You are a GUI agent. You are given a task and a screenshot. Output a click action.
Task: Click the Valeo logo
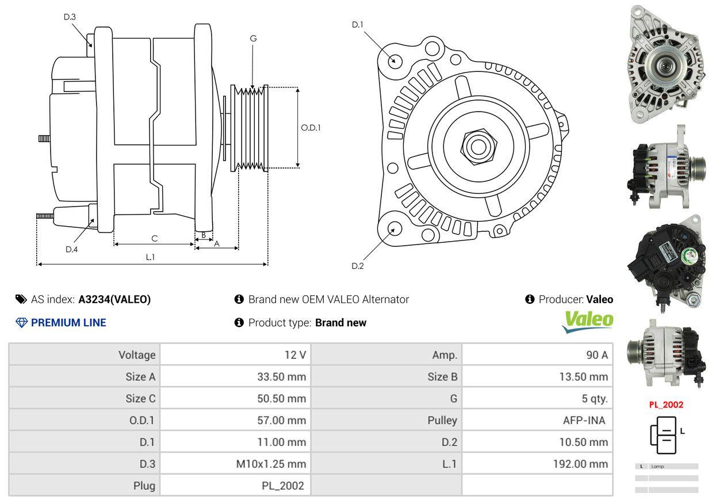pos(587,322)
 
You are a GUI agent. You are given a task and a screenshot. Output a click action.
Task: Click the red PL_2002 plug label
pos(666,404)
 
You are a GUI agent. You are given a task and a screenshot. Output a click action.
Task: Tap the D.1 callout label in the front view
pos(358,25)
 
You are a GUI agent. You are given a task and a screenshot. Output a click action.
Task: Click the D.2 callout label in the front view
pos(358,266)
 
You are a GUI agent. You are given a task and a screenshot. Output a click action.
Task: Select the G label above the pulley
pos(253,39)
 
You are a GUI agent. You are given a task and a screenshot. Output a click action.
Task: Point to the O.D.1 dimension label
pos(311,128)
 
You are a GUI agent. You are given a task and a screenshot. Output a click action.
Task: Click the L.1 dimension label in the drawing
pos(150,257)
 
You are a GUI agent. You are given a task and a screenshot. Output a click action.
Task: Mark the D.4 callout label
pos(71,249)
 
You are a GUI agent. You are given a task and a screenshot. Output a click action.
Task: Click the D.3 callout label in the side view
pos(70,17)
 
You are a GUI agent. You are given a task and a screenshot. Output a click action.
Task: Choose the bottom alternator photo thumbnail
pos(665,352)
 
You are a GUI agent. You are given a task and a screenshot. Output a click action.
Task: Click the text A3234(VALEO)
pos(114,299)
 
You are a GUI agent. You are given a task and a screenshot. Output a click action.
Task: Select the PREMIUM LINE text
pos(68,323)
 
